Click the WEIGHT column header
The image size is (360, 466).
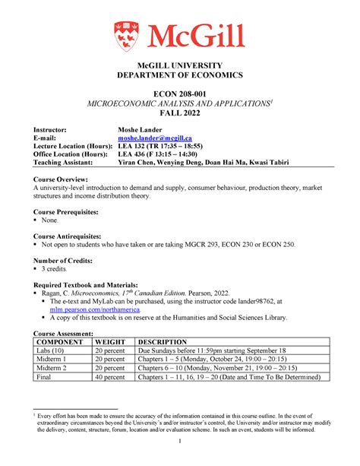pos(110,342)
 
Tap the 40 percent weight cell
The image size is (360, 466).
pos(109,376)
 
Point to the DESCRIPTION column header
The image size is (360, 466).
pos(166,342)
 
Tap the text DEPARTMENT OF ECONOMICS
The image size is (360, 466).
pos(180,75)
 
